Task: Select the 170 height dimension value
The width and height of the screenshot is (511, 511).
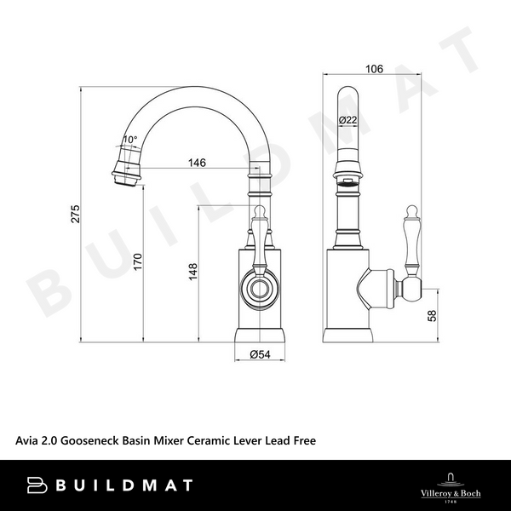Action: coord(138,262)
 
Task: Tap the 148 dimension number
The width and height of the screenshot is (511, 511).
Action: coord(193,271)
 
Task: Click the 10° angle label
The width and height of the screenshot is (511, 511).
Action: coord(129,139)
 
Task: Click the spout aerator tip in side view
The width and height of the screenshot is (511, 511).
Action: coord(123,170)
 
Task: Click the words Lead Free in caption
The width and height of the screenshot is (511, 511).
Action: coord(299,441)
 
